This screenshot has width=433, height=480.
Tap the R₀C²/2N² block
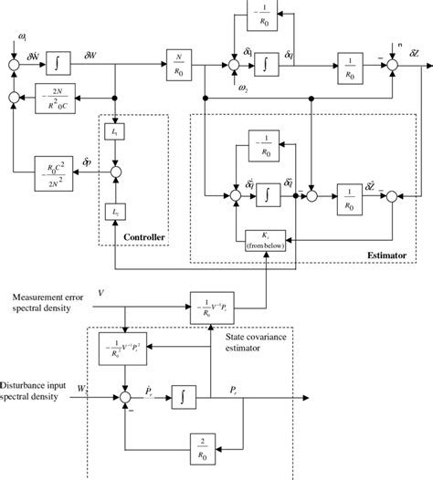pos(53,168)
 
